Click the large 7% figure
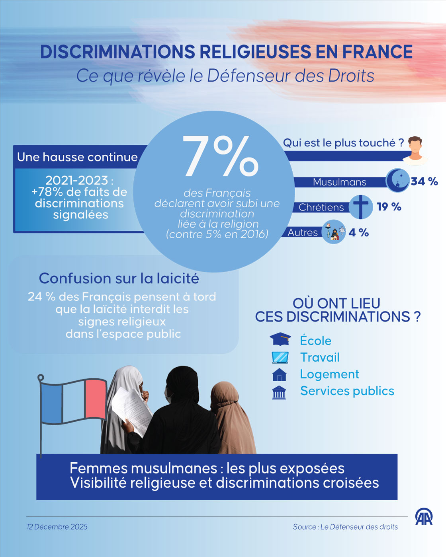click(220, 156)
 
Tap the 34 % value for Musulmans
click(424, 181)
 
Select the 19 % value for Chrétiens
click(389, 207)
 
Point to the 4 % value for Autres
click(358, 232)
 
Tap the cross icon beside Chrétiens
click(361, 207)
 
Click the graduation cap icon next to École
click(280, 339)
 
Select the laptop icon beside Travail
click(280, 357)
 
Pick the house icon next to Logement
click(279, 374)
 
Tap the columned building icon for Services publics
click(279, 392)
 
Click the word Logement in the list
click(329, 374)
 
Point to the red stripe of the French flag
click(96, 399)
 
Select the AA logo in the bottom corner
click(424, 517)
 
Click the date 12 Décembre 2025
click(57, 527)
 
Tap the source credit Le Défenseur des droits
click(345, 527)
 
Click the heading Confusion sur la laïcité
click(119, 278)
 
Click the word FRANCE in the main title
click(378, 52)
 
